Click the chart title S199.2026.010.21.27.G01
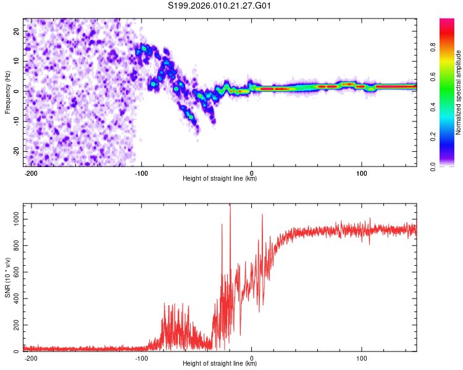(x=220, y=6)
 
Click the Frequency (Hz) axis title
(x=7, y=92)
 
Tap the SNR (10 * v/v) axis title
(x=7, y=277)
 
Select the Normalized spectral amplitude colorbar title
(x=459, y=92)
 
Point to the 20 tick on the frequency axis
(x=16, y=31)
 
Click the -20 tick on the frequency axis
(x=15, y=151)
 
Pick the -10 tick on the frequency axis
(x=15, y=121)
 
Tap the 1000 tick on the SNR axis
(x=12, y=220)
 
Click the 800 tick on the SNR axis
(x=14, y=246)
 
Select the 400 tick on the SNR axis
(x=14, y=299)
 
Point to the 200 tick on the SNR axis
(x=14, y=326)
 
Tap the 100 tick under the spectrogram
(x=361, y=173)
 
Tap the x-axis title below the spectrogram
(x=220, y=179)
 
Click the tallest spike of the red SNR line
(x=230, y=206)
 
